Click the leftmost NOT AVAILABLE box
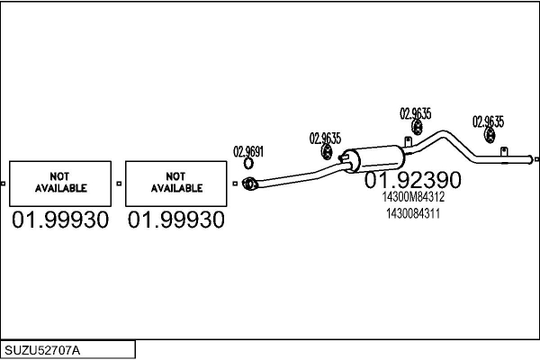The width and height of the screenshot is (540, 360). (x=60, y=184)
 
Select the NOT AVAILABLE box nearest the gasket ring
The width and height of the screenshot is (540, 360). (x=176, y=184)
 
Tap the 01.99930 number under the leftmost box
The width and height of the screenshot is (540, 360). (x=60, y=220)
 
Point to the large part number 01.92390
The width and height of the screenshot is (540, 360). (x=412, y=180)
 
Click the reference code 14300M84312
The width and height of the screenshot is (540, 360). (x=413, y=197)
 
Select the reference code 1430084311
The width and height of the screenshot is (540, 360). (x=413, y=213)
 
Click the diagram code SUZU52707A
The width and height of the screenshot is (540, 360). (x=42, y=351)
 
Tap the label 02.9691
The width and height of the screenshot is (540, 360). (x=248, y=151)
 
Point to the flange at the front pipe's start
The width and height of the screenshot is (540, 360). (x=249, y=184)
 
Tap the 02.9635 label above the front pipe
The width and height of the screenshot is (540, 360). (x=325, y=139)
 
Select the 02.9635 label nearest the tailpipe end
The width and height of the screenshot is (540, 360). (x=488, y=121)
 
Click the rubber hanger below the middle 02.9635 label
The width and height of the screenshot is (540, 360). (x=417, y=127)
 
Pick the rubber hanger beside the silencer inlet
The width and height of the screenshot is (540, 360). (x=327, y=152)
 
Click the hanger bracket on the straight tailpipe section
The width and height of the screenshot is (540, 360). (x=504, y=151)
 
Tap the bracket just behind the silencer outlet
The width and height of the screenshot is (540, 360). (x=408, y=141)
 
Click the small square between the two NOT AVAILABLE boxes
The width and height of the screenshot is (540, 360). (x=119, y=184)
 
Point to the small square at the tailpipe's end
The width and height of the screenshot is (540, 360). (x=537, y=159)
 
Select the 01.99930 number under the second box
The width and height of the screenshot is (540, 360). (x=176, y=220)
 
